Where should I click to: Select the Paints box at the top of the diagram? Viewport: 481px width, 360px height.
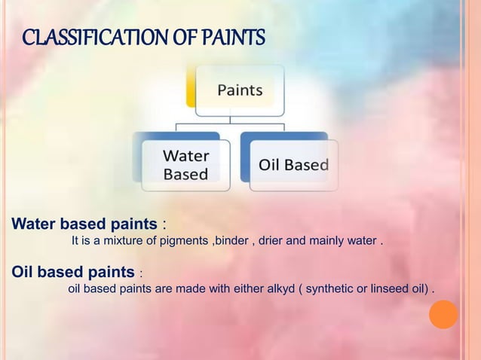pos(240,90)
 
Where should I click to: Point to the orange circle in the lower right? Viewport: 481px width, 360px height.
pos(443,314)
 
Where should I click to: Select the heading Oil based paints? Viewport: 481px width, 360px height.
pos(72,271)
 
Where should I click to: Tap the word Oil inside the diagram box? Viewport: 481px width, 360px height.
pos(269,165)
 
